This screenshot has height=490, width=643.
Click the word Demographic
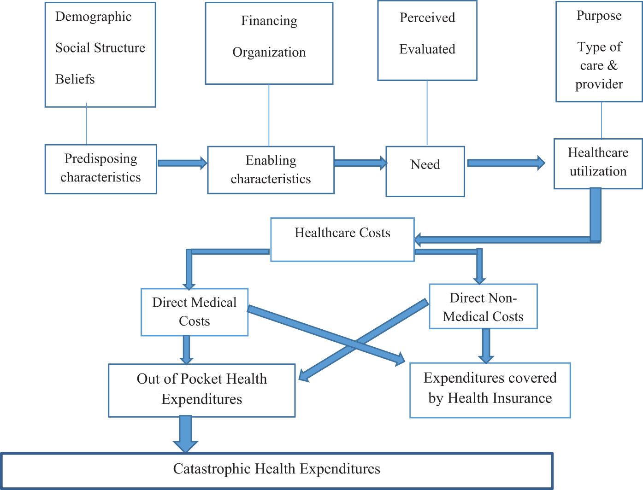[x=93, y=17]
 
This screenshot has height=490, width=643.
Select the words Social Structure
[x=100, y=48]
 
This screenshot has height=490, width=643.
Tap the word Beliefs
[x=75, y=79]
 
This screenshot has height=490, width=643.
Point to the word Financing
[x=269, y=21]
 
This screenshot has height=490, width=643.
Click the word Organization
[x=269, y=52]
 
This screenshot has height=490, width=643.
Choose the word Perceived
[x=427, y=18]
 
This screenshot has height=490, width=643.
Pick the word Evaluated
[x=427, y=49]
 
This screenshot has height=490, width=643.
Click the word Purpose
[x=599, y=16]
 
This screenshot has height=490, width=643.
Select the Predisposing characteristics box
[x=100, y=169]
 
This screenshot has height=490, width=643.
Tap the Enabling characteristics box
[x=271, y=170]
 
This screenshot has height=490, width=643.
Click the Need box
[x=425, y=171]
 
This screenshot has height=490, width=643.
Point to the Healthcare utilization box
[x=598, y=163]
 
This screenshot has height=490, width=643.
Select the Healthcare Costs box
[x=342, y=239]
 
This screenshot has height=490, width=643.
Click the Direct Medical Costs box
[x=194, y=312]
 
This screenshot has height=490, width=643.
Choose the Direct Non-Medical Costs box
[x=483, y=306]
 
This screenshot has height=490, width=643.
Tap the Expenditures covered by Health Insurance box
[x=490, y=390]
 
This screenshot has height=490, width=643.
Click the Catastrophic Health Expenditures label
[x=277, y=469]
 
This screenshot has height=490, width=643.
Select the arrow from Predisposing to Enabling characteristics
[x=182, y=163]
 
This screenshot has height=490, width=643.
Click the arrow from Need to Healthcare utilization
[x=506, y=163]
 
